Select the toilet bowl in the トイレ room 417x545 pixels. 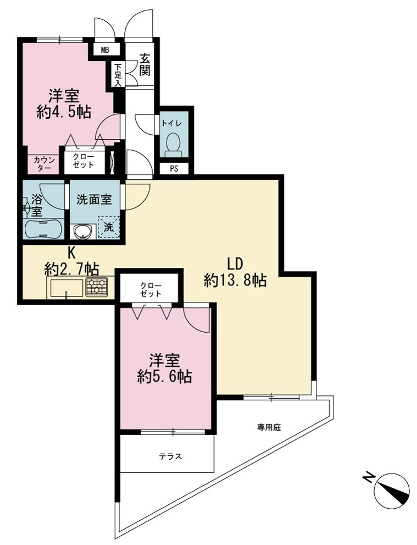click(x=174, y=145)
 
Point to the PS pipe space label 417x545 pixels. click(x=174, y=169)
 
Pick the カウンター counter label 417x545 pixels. click(x=44, y=164)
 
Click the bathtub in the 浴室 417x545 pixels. click(x=43, y=229)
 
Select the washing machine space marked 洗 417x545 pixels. click(x=109, y=227)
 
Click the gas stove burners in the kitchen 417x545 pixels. click(x=97, y=288)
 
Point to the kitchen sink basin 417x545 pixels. click(x=66, y=288)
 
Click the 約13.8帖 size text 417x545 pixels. click(x=235, y=280)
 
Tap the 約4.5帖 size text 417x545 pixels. click(x=64, y=112)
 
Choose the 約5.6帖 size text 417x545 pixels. click(x=165, y=377)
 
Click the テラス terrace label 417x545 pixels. click(x=170, y=456)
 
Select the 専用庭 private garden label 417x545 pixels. click(x=269, y=427)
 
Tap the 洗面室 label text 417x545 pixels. click(x=94, y=200)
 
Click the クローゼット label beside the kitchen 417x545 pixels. click(x=151, y=290)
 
